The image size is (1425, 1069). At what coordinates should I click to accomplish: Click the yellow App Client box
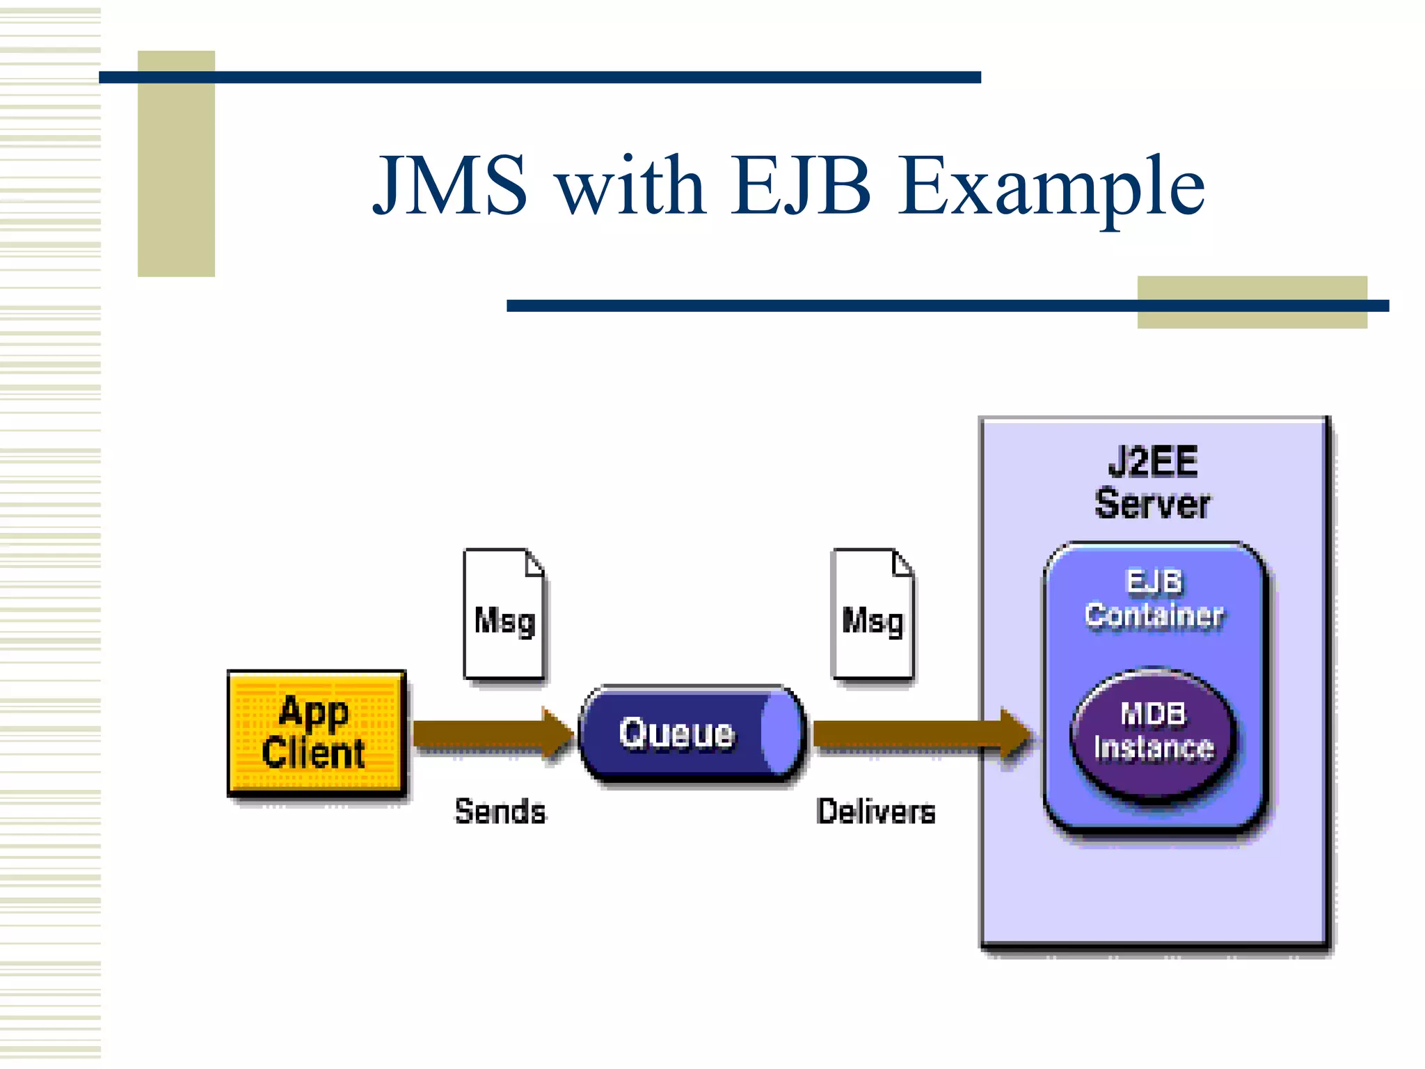click(x=317, y=732)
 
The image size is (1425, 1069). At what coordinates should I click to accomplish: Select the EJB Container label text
click(x=1154, y=599)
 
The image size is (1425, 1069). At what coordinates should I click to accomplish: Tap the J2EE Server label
click(x=1152, y=483)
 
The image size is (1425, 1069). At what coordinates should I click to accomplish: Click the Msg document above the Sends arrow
click(x=504, y=614)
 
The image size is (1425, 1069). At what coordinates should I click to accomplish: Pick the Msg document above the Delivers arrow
click(x=873, y=614)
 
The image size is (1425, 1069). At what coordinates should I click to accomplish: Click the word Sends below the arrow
click(x=500, y=811)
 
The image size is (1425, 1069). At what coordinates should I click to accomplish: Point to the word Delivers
click(x=876, y=811)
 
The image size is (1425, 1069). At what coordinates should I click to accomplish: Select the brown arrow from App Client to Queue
click(x=487, y=734)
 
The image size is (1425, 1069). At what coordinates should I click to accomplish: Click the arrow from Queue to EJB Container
click(x=918, y=734)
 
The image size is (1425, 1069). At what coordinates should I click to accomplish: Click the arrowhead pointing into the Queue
click(x=559, y=733)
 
